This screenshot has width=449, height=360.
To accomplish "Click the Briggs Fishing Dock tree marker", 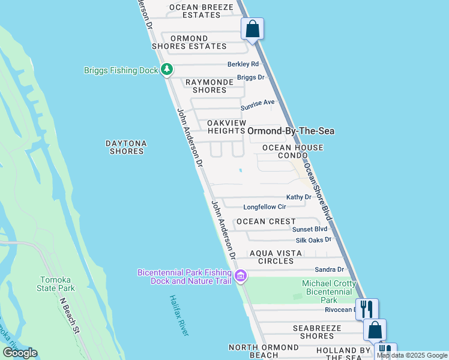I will tap(167, 70).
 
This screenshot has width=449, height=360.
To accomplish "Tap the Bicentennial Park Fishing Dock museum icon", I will tap(241, 277).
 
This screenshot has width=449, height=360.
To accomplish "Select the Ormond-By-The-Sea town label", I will tap(291, 130).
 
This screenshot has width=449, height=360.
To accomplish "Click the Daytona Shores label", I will tap(127, 147).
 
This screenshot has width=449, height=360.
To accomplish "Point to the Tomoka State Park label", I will tap(58, 284).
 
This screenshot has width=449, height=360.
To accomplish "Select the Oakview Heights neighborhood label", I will tap(226, 126).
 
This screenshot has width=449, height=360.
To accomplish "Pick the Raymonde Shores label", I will tap(206, 86).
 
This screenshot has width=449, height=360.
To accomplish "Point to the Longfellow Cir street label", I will tap(265, 207).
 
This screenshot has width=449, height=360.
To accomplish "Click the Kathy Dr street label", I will tap(298, 197).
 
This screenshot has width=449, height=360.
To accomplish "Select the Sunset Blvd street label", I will tap(309, 229).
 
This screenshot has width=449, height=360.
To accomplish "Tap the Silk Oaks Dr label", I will tap(313, 240).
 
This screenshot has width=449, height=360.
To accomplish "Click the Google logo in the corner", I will tap(20, 353).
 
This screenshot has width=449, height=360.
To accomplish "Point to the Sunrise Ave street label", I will tap(258, 104).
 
